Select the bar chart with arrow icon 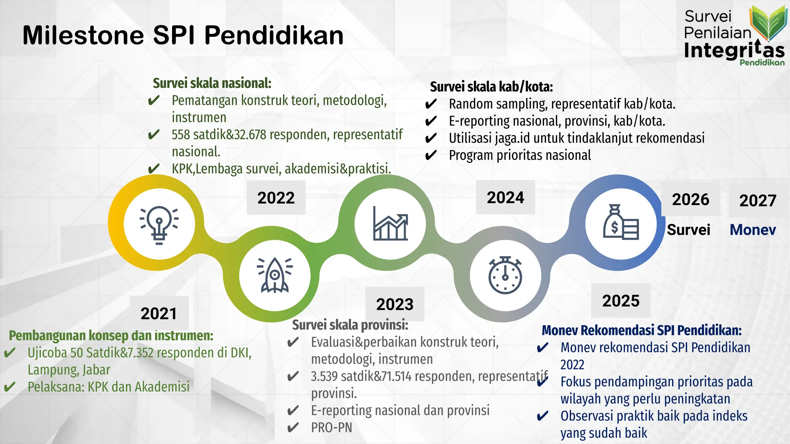pyautogui.click(x=390, y=224)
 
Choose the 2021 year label pyautogui.click(x=159, y=313)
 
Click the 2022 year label pyautogui.click(x=276, y=198)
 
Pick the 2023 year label pyautogui.click(x=395, y=304)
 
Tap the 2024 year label pyautogui.click(x=505, y=197)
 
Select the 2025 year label pyautogui.click(x=621, y=301)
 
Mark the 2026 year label pyautogui.click(x=690, y=199)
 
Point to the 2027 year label pyautogui.click(x=758, y=200)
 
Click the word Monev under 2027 pyautogui.click(x=753, y=230)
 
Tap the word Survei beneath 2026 pyautogui.click(x=688, y=230)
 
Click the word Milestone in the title pyautogui.click(x=83, y=35)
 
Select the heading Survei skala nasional pyautogui.click(x=212, y=83)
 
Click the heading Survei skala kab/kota pyautogui.click(x=491, y=87)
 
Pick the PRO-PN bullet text pyautogui.click(x=331, y=427)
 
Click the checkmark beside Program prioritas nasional pyautogui.click(x=430, y=155)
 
